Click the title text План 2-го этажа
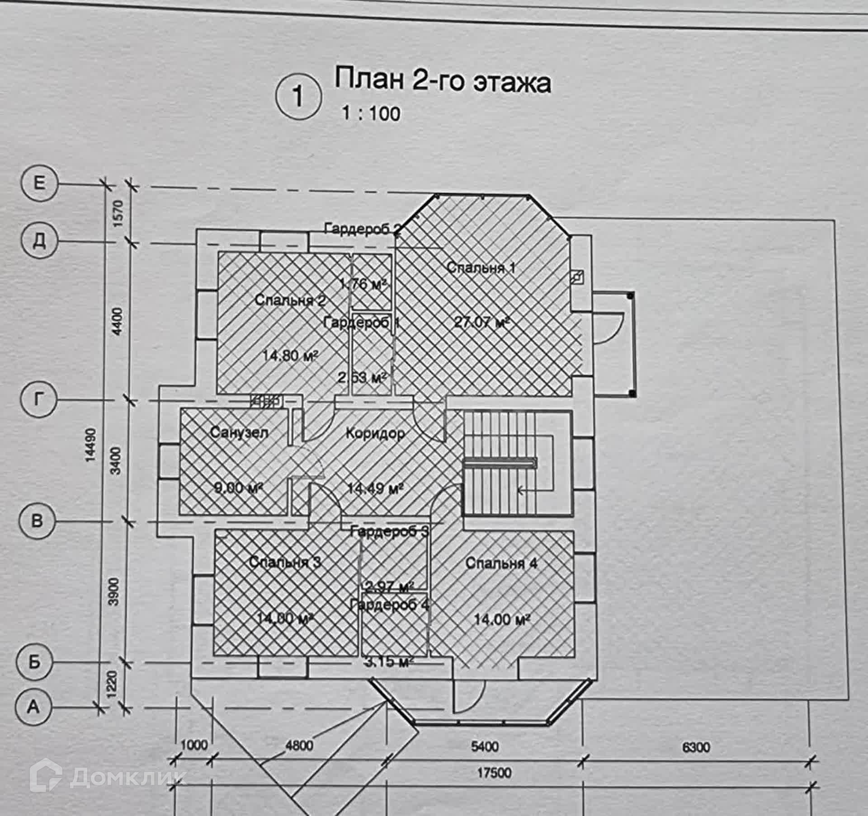(442, 81)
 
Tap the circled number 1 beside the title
(298, 96)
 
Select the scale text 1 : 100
(371, 113)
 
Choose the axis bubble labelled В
(38, 521)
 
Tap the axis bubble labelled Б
(34, 662)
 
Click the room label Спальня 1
(481, 267)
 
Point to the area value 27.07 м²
(482, 323)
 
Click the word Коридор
(375, 433)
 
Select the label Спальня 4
(501, 563)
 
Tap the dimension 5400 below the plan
(485, 746)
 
